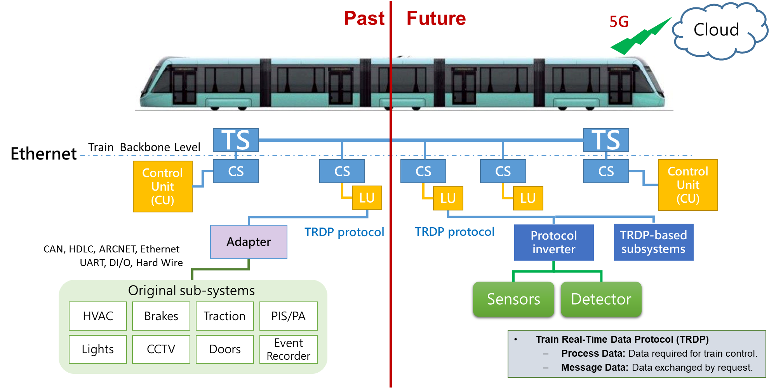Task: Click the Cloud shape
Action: [717, 30]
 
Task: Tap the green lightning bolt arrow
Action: [641, 37]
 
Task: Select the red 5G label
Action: [619, 22]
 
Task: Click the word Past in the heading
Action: [364, 18]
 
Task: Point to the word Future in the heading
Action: [436, 18]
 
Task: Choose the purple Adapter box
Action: [249, 242]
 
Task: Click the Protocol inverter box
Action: [553, 242]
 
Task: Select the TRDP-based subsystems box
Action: [653, 242]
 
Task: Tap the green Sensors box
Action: [513, 299]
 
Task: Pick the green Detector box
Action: [601, 299]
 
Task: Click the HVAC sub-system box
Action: [98, 316]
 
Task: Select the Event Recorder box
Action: [288, 349]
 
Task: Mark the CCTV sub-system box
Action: [161, 349]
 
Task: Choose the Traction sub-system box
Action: [224, 316]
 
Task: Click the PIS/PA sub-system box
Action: [288, 316]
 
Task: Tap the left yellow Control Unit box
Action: [162, 186]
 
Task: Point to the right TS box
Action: [605, 140]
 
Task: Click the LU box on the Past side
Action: [367, 198]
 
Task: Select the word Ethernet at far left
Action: [43, 154]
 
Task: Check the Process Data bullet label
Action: [593, 353]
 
